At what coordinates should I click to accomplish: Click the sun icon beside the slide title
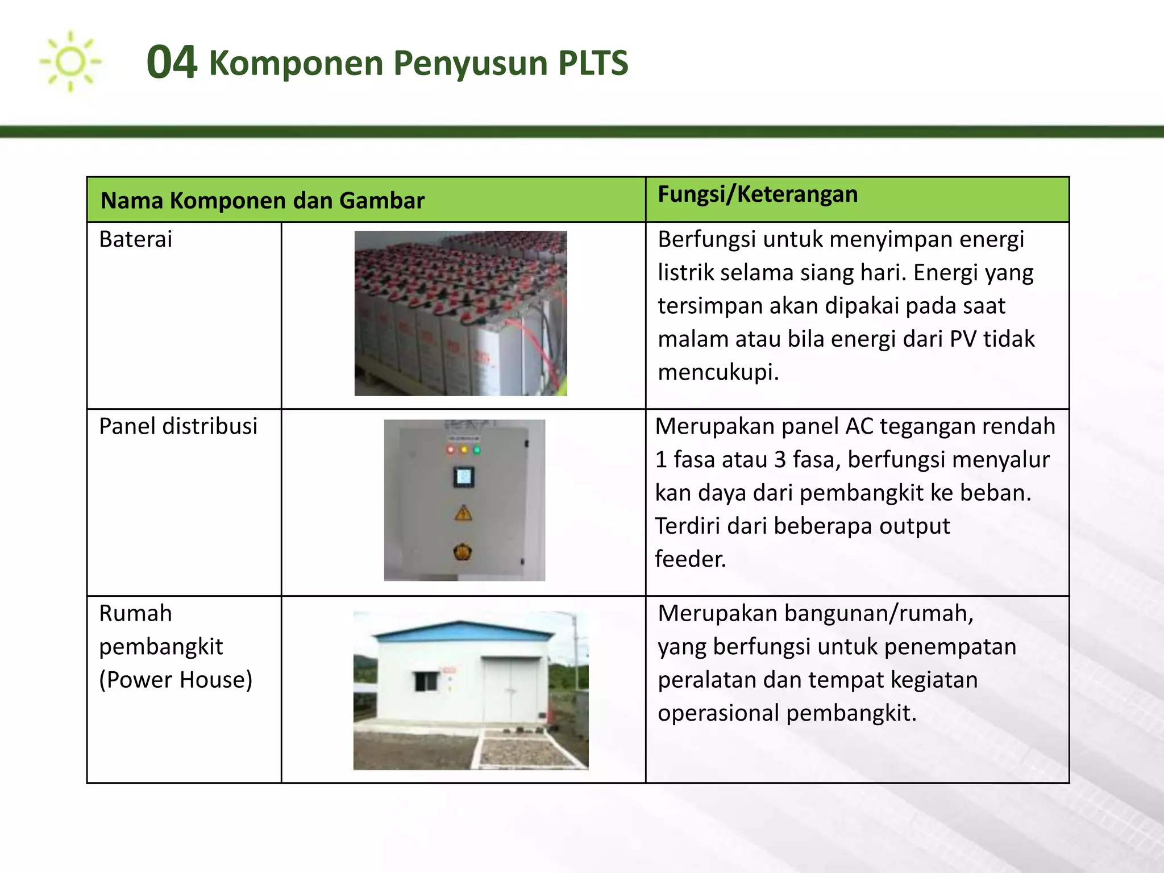(70, 61)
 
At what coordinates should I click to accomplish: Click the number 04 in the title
(172, 63)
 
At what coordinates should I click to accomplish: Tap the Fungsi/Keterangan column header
(758, 194)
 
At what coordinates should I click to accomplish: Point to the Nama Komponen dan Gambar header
(263, 201)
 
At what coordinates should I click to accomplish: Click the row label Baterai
(135, 239)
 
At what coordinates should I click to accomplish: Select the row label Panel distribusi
(178, 426)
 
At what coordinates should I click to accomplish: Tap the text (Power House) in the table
(176, 680)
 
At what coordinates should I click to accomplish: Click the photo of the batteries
(460, 313)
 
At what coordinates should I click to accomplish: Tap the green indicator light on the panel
(476, 450)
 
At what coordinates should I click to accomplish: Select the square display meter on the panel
(464, 477)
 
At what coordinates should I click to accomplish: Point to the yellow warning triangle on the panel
(463, 514)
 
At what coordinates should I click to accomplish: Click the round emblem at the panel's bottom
(463, 551)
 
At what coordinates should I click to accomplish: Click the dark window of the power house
(426, 681)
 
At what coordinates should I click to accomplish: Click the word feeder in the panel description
(690, 559)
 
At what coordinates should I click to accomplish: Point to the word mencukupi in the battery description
(718, 372)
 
